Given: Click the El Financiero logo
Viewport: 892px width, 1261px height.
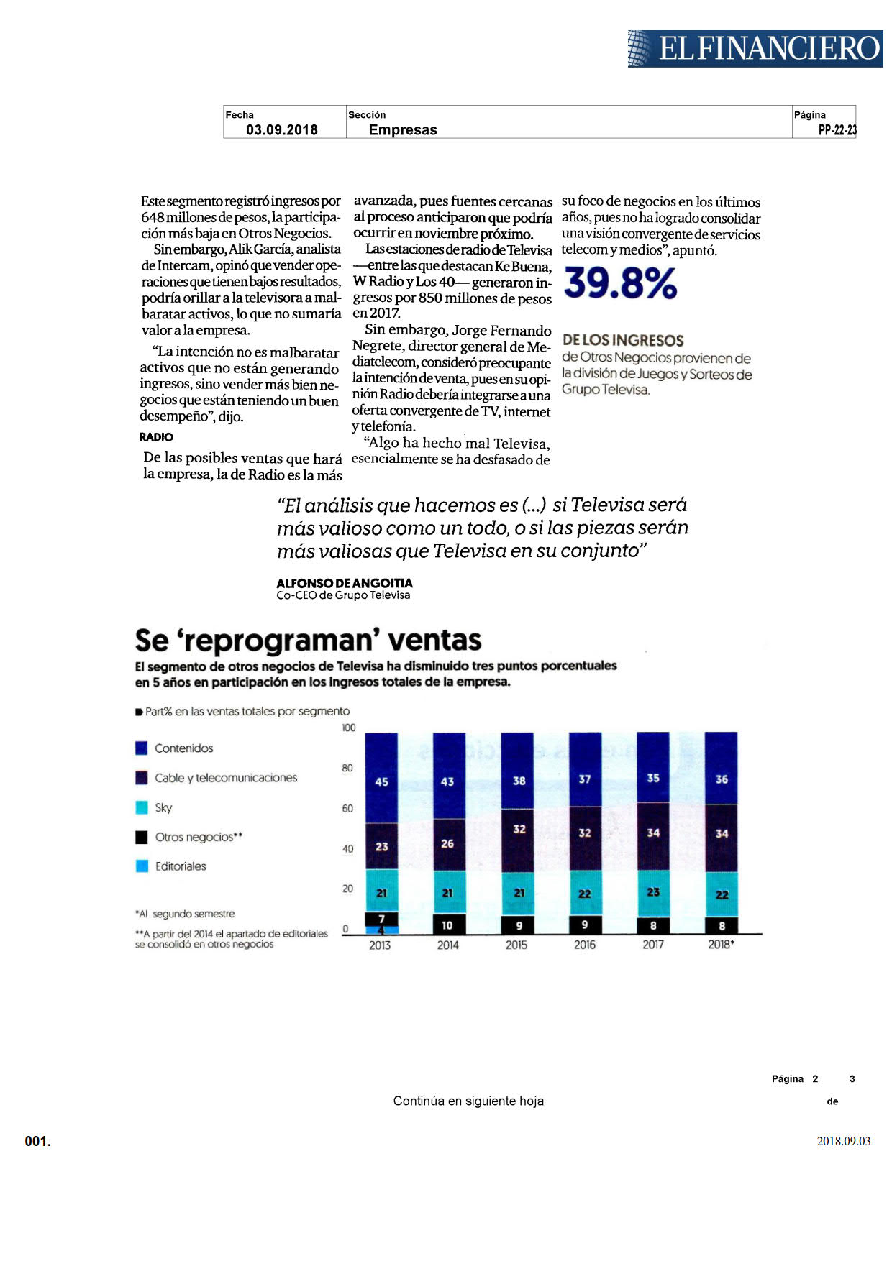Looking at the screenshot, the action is (755, 49).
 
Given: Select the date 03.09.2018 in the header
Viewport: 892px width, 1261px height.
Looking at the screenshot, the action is (282, 129).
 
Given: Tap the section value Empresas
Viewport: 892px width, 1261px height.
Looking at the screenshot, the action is (403, 129).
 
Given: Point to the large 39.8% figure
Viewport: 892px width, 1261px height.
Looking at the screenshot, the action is (620, 283).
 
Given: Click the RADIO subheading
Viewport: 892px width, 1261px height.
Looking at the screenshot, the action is (156, 437).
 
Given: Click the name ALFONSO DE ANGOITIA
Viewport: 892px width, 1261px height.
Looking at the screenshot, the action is (345, 583).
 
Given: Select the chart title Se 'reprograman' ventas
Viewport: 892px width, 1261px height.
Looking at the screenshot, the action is (308, 640).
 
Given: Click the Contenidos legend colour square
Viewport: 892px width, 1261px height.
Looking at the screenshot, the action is (142, 748).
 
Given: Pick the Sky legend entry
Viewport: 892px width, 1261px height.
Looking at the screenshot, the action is (154, 807).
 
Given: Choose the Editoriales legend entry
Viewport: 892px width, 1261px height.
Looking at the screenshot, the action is (171, 866).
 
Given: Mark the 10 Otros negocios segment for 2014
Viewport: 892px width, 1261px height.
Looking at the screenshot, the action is (447, 925).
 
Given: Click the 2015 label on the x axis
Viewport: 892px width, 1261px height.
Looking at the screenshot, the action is (516, 945).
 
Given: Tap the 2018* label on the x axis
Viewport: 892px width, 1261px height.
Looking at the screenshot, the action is (721, 945).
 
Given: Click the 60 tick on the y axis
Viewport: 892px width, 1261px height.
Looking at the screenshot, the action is (348, 808).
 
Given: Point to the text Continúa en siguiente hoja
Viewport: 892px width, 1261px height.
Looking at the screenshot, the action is (468, 1101).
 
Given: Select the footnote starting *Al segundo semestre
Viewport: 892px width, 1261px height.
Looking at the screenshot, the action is (185, 914).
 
